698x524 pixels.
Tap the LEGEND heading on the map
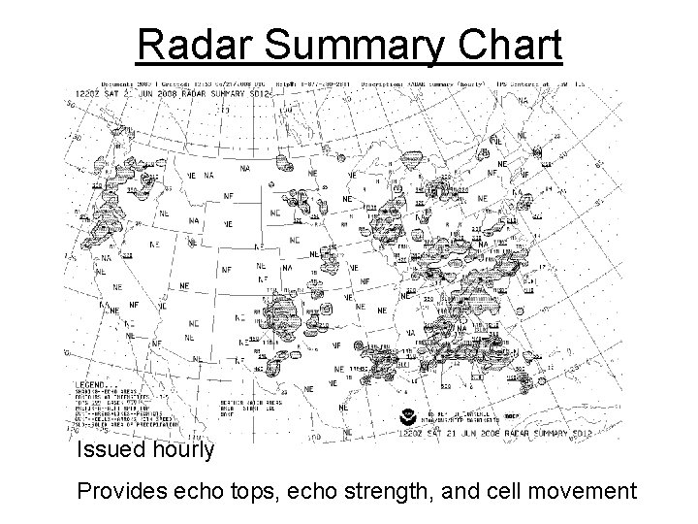(x=92, y=384)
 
